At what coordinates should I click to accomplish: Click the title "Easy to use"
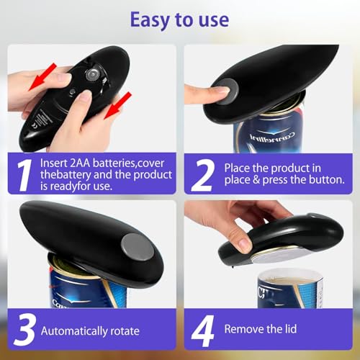click(x=179, y=20)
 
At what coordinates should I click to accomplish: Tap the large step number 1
click(x=24, y=175)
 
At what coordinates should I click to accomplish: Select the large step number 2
click(x=203, y=175)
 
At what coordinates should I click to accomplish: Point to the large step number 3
click(x=26, y=330)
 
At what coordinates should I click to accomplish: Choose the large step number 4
click(x=203, y=330)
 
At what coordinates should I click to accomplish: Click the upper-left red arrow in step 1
click(x=42, y=77)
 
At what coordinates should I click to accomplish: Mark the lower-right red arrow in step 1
click(x=118, y=106)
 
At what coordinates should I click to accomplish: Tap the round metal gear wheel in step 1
click(x=92, y=75)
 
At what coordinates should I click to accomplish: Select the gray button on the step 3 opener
click(x=137, y=247)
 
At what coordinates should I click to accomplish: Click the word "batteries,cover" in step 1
click(x=128, y=163)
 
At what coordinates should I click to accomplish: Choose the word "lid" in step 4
click(x=291, y=328)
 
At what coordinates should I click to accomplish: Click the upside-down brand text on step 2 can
click(x=272, y=138)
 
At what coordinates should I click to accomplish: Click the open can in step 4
click(x=290, y=289)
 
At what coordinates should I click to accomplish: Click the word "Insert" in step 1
click(x=53, y=163)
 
